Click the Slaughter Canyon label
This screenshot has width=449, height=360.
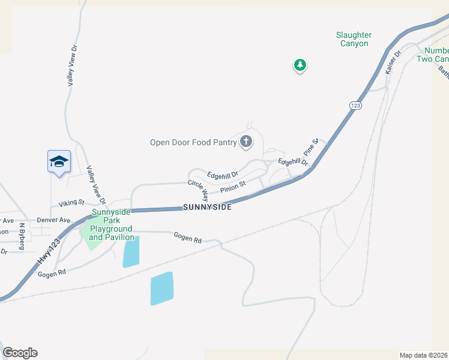pyautogui.click(x=353, y=40)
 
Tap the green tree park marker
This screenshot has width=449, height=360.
pyautogui.click(x=300, y=65)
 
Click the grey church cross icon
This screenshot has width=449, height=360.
pyautogui.click(x=246, y=142)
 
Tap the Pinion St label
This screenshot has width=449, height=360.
pyautogui.click(x=234, y=188)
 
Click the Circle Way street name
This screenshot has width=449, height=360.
pyautogui.click(x=198, y=190)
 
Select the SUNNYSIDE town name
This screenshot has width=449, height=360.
pyautogui.click(x=206, y=207)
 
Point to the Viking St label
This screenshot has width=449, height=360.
pyautogui.click(x=71, y=204)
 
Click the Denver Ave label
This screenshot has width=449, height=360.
pyautogui.click(x=53, y=220)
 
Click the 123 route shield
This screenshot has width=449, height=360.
pyautogui.click(x=355, y=105)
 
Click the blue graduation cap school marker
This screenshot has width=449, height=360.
pyautogui.click(x=59, y=162)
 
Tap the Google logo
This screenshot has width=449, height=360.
pyautogui.click(x=20, y=353)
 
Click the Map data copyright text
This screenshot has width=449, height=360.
pyautogui.click(x=423, y=355)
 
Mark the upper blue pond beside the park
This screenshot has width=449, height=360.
pyautogui.click(x=131, y=251)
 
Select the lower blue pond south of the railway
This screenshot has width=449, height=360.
pyautogui.click(x=161, y=289)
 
